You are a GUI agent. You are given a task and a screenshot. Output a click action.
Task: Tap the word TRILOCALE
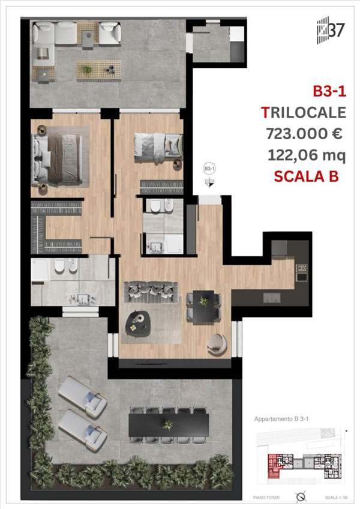click(304, 112)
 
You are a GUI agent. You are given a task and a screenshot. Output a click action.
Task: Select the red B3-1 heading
click(328, 91)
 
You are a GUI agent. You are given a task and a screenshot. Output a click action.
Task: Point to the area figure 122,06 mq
click(306, 155)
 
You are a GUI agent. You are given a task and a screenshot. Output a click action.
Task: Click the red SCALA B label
click(306, 176)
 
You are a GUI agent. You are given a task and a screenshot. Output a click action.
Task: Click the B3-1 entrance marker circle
click(209, 169)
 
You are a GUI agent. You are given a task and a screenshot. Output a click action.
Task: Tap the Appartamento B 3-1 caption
click(280, 420)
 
